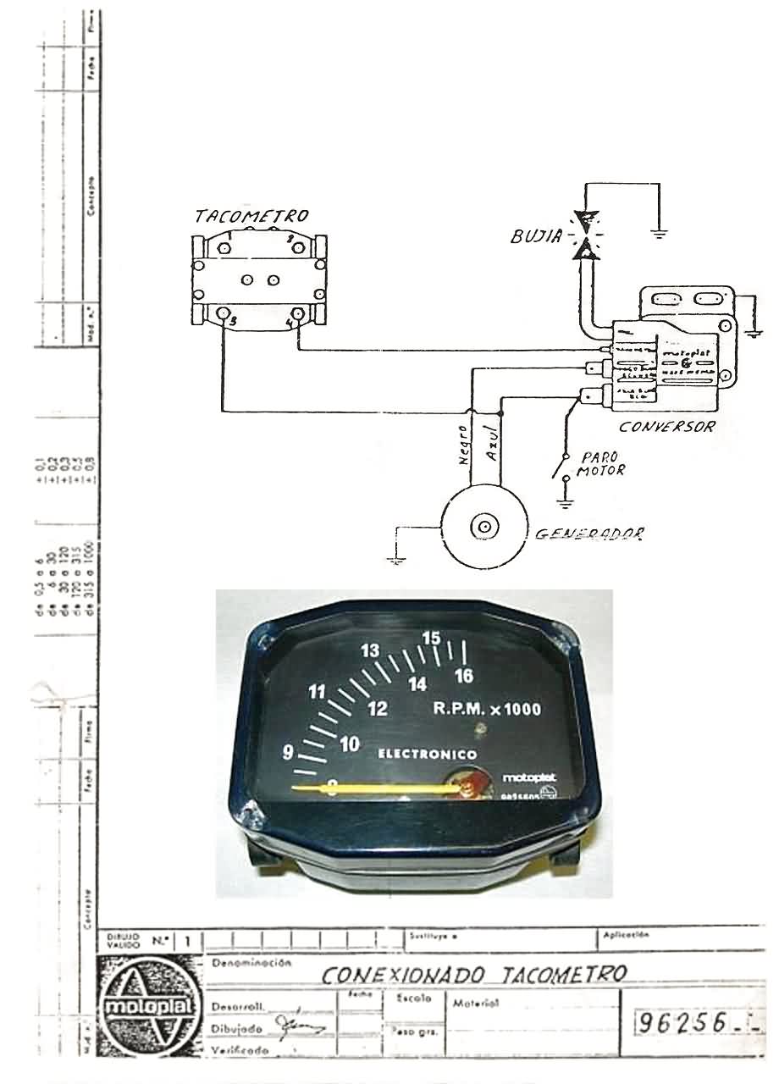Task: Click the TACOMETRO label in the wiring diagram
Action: [x=251, y=217]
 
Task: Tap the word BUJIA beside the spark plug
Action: [x=536, y=236]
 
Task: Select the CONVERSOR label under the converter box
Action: [x=666, y=427]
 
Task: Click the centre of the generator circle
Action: [x=483, y=527]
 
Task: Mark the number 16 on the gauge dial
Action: [x=463, y=675]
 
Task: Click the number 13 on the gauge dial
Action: [x=369, y=650]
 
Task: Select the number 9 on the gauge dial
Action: [x=288, y=751]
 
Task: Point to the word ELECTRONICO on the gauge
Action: [x=427, y=754]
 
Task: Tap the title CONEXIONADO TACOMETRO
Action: [x=474, y=974]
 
